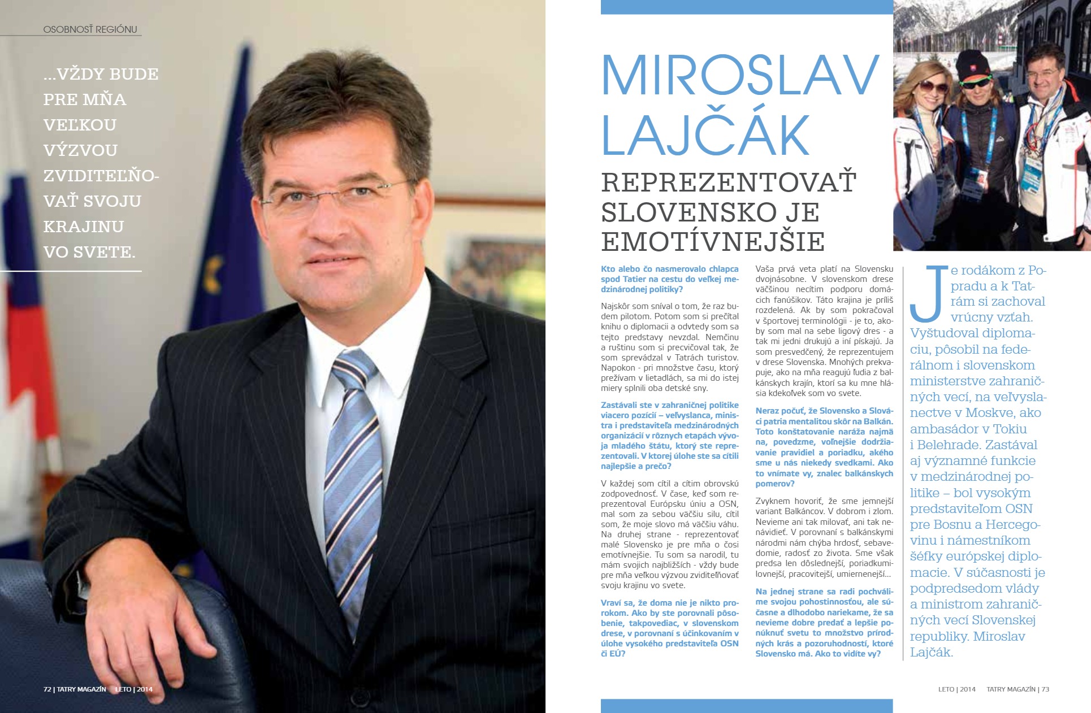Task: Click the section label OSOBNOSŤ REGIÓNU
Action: pos(90,29)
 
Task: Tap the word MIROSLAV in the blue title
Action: pos(739,76)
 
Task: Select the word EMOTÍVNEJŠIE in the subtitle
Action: pos(712,242)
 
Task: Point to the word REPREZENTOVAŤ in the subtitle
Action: pos(729,182)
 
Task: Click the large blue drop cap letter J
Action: pos(928,293)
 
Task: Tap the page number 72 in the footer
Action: pos(47,689)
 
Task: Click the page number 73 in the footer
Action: pos(1045,689)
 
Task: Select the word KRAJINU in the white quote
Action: pos(84,227)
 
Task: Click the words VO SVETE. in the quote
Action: pos(89,252)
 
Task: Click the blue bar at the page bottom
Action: pos(746,706)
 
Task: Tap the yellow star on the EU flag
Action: pos(217,264)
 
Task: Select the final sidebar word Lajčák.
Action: pos(931,652)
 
